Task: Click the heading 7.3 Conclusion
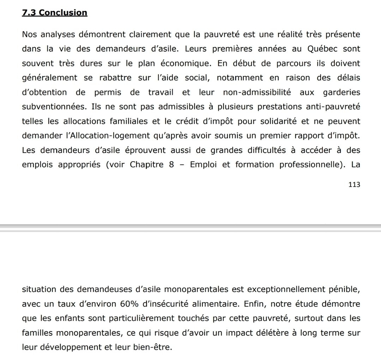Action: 54,13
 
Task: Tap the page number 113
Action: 354,184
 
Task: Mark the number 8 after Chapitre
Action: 171,165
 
